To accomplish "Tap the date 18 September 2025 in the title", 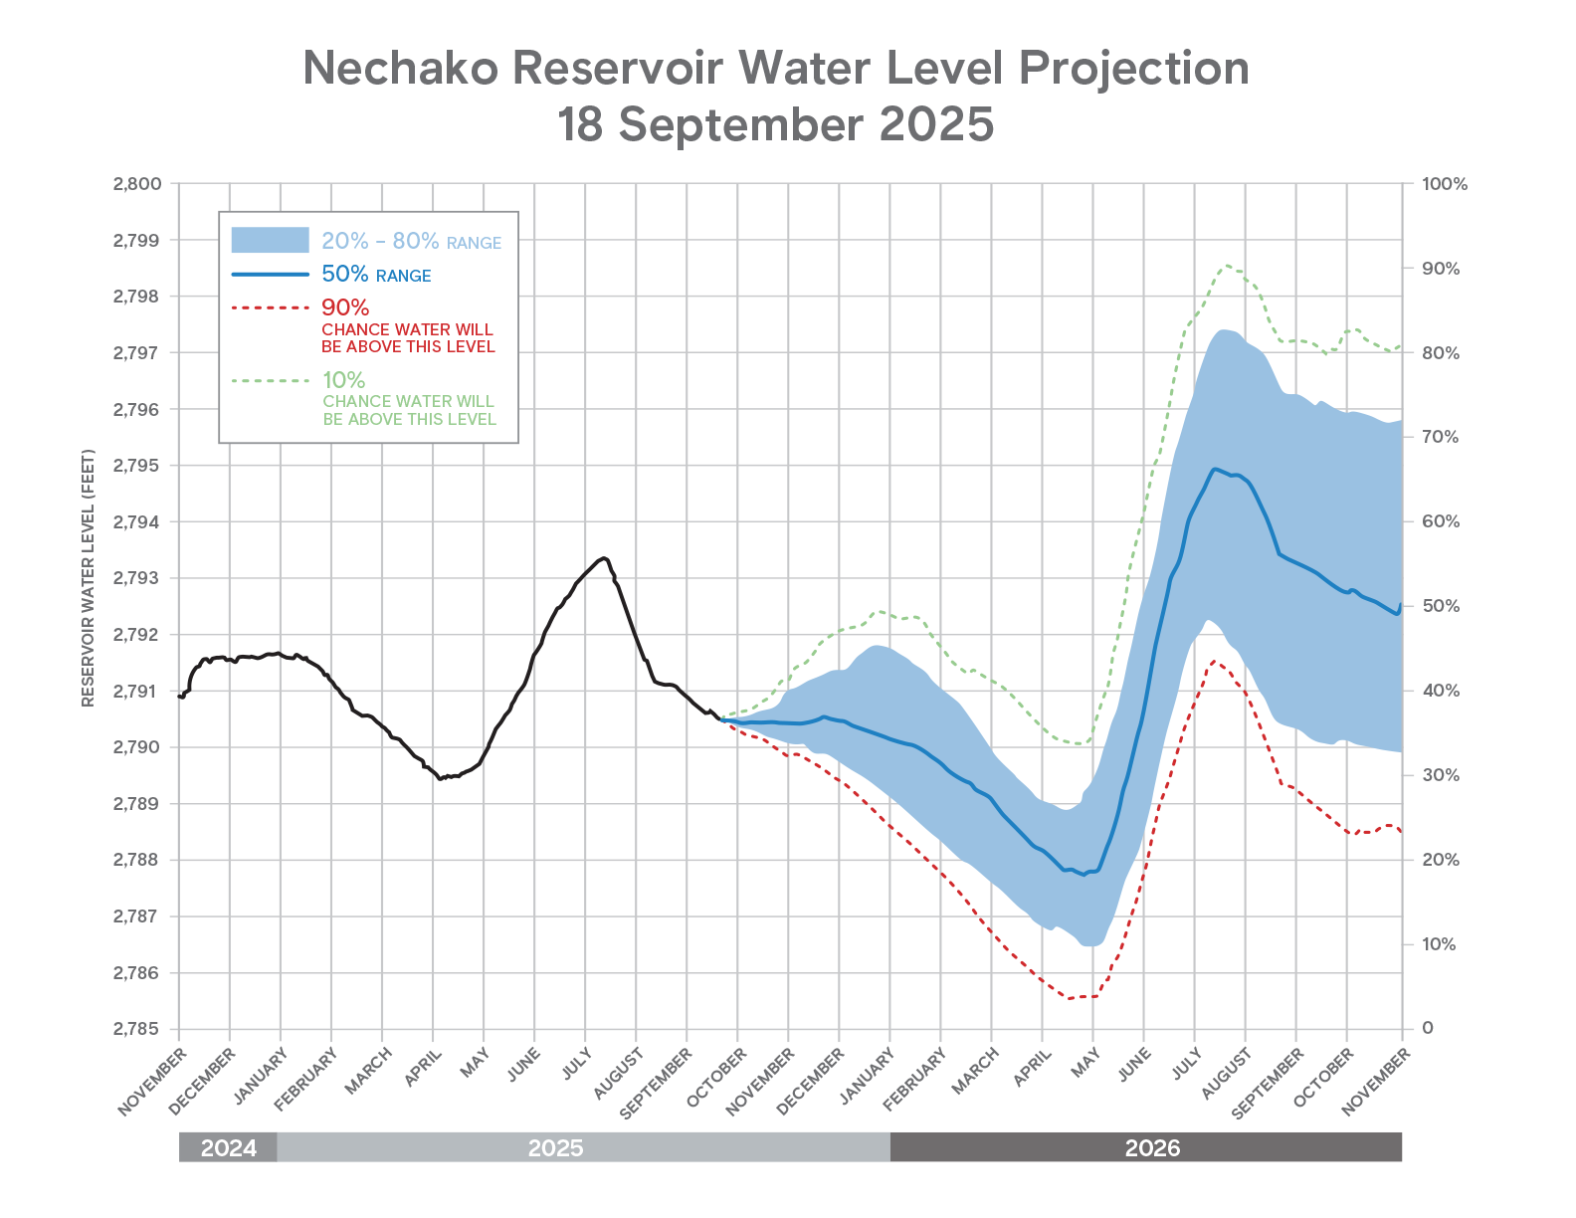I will (776, 124).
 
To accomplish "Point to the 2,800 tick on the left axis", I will (137, 184).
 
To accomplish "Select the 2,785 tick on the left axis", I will (137, 1029).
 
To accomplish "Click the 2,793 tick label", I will (137, 578).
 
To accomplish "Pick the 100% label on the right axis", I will (1445, 184).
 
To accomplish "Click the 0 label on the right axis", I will (1428, 1028).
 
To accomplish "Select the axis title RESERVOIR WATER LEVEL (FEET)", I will (89, 578).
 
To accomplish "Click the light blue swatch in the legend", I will (270, 240).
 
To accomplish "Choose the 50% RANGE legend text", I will (376, 275).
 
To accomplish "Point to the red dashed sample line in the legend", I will (270, 307).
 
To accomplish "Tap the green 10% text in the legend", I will (343, 380).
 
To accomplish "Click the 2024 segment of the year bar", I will (229, 1147).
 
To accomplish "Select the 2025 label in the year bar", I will (555, 1147).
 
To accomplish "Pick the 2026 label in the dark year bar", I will (1152, 1147).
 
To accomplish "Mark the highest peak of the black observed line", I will (604, 557).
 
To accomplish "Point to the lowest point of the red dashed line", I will (1071, 997).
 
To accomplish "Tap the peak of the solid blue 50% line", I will (1215, 469).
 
